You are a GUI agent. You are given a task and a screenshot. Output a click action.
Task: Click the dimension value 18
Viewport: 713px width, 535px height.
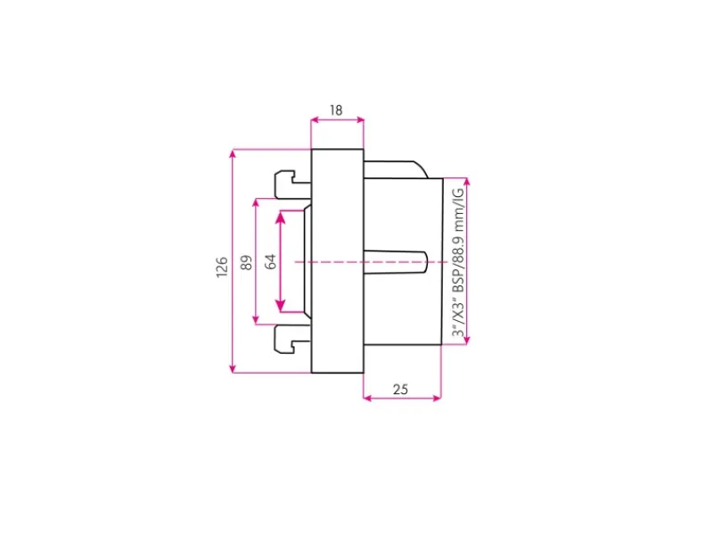[336, 111]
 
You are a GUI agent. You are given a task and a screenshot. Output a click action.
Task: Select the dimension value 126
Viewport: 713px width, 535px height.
[221, 267]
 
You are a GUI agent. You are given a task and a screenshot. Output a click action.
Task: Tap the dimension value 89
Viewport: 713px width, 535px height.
[246, 262]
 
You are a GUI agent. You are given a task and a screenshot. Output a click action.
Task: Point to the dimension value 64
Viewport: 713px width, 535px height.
[271, 261]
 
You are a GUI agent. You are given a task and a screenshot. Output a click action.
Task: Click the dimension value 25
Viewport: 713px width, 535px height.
[400, 390]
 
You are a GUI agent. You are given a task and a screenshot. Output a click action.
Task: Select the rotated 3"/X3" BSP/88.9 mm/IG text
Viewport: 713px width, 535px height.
[458, 262]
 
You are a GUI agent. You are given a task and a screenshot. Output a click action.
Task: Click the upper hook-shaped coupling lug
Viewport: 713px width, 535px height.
[292, 185]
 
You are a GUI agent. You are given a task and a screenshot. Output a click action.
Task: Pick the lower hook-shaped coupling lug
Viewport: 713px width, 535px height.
[292, 339]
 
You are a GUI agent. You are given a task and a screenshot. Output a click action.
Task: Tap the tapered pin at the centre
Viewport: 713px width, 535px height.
[396, 262]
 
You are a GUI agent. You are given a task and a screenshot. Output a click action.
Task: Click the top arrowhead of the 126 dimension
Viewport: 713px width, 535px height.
[233, 153]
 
